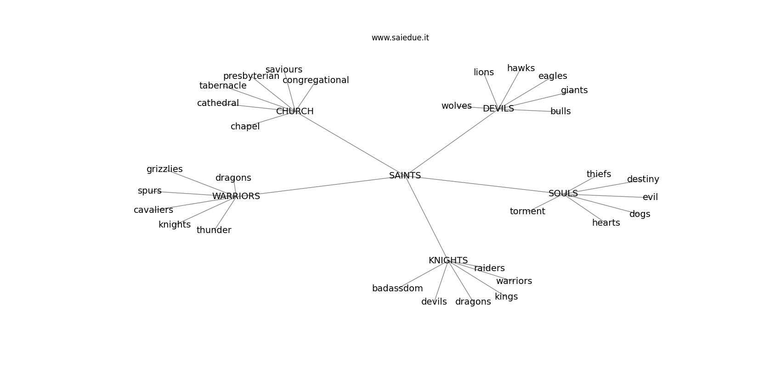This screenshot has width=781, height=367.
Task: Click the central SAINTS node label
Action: point(405,176)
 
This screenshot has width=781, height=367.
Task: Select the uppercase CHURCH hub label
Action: point(294,111)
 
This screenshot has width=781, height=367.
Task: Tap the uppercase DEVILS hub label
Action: point(498,109)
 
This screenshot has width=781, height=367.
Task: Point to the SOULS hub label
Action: point(563,194)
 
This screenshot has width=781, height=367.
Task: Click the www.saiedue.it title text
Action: point(400,38)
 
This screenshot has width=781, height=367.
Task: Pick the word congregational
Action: point(316,80)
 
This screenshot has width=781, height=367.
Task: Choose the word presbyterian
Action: point(251,76)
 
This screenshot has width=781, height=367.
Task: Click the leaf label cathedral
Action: point(218,103)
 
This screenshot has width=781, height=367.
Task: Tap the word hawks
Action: point(521,68)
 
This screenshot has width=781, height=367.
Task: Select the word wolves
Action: point(456,106)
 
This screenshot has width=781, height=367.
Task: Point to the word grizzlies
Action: point(164,169)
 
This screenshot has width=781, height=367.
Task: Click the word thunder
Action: point(214,230)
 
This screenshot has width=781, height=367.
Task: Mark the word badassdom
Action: point(397,289)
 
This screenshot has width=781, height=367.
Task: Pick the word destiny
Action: point(643,179)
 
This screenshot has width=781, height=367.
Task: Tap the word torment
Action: point(527,211)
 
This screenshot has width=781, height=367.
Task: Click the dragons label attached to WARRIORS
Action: point(233,178)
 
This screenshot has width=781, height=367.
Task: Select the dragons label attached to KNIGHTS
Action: point(473,302)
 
